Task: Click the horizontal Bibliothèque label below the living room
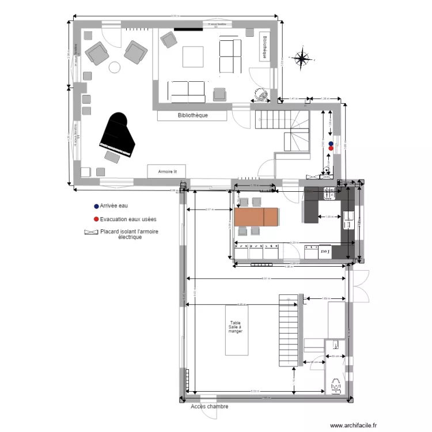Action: (192, 115)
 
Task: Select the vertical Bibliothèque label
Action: (264, 47)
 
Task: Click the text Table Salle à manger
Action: (236, 328)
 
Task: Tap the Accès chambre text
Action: (209, 407)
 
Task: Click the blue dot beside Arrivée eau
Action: (96, 206)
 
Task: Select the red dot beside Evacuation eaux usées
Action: (96, 219)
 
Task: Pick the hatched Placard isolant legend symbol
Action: (91, 232)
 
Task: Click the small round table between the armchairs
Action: (115, 67)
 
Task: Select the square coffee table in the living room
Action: (193, 56)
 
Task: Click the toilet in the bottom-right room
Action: (335, 385)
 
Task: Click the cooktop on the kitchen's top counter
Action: (330, 194)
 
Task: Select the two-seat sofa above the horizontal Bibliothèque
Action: (187, 90)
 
